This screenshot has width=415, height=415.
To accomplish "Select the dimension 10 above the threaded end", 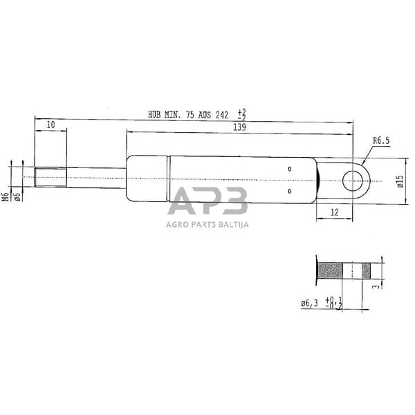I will pos(51,124).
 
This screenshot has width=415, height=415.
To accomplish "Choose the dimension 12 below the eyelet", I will pos(334,212).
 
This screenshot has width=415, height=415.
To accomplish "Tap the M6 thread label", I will pos(6,196).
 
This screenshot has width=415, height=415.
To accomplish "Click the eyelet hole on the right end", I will pos(354,181).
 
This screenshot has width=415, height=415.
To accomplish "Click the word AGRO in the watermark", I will pos(177,224).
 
